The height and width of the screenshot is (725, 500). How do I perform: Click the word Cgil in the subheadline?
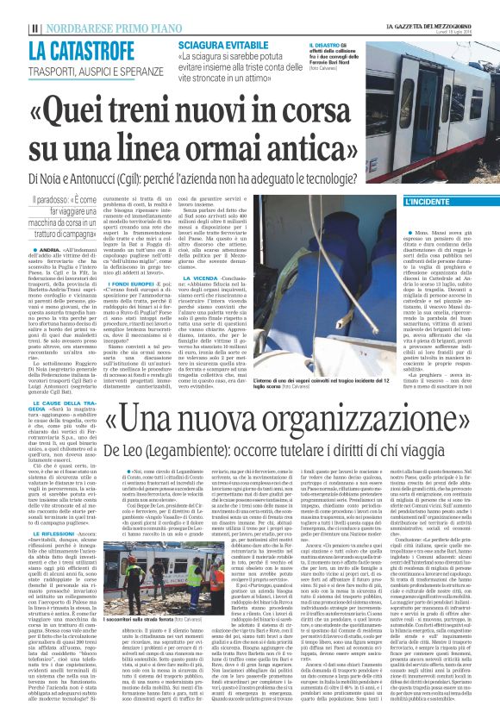[180, 177]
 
